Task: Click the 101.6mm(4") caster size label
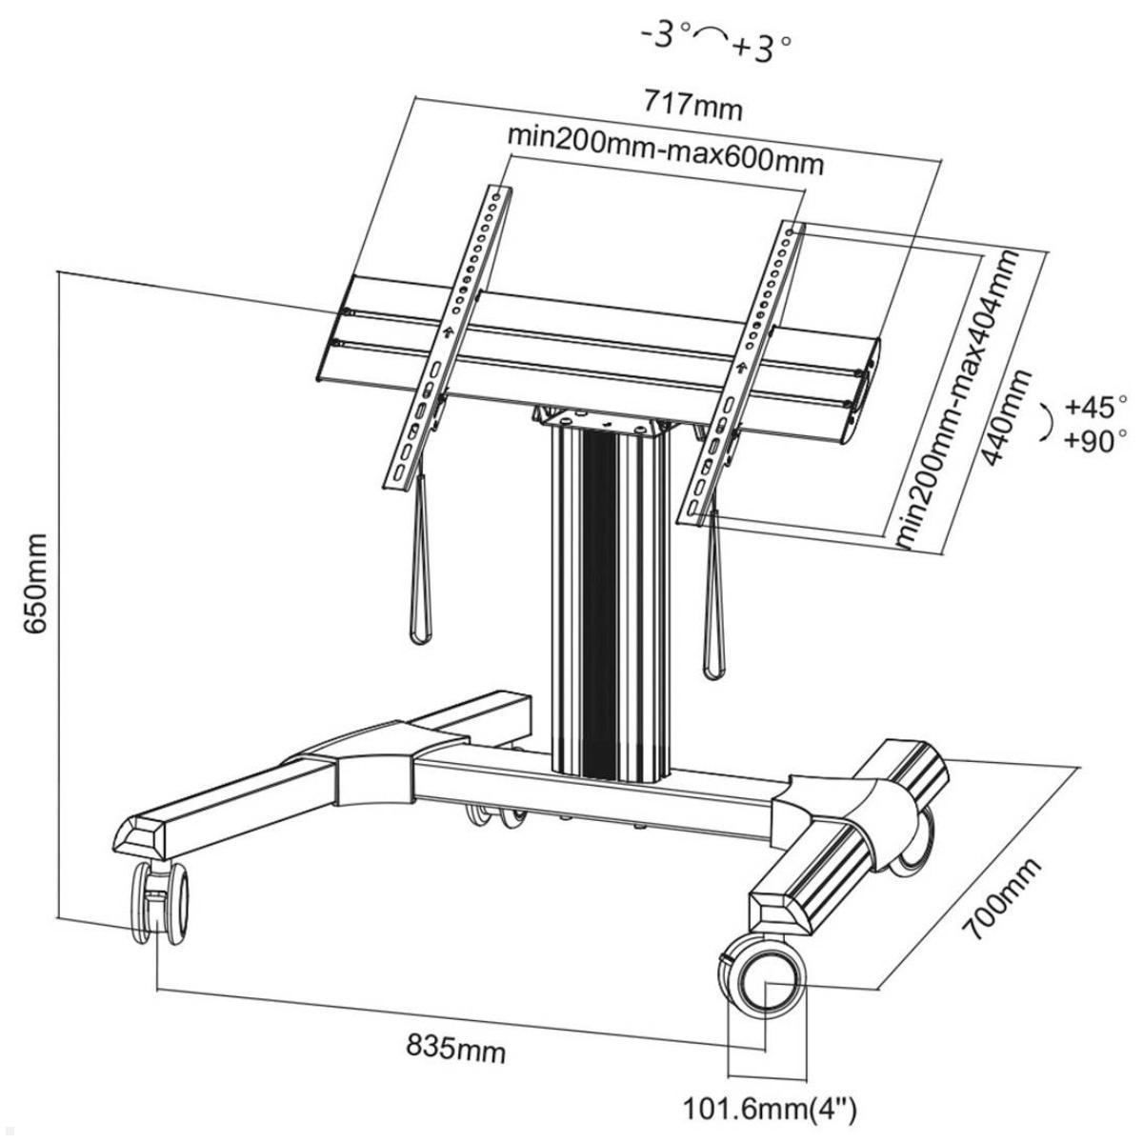coord(772,1108)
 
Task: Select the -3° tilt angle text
coord(665,35)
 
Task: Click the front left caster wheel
coord(155,902)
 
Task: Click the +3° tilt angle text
coord(763,48)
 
